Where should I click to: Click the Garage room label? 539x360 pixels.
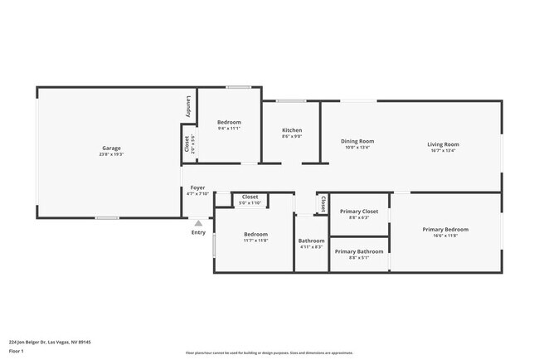click(112, 148)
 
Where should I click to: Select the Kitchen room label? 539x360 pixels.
click(292, 130)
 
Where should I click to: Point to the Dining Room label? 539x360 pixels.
click(357, 141)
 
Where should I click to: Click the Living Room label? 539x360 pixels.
click(444, 144)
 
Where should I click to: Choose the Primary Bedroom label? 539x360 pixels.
click(445, 229)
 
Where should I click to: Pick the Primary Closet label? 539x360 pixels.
click(359, 211)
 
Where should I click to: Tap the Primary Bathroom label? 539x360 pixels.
click(359, 251)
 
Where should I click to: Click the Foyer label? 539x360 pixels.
click(197, 187)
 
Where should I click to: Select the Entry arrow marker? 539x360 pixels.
click(198, 222)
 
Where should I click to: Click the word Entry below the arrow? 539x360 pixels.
click(198, 232)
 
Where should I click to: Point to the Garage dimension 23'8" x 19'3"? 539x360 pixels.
click(112, 154)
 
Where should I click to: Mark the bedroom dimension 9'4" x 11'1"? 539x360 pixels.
click(229, 129)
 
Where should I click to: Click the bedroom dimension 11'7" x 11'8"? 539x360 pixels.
click(255, 241)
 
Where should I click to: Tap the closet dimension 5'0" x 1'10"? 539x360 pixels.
click(250, 203)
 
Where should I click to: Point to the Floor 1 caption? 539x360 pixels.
click(17, 352)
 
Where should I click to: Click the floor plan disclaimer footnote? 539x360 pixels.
click(269, 353)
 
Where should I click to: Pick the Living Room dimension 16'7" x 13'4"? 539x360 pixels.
click(444, 151)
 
